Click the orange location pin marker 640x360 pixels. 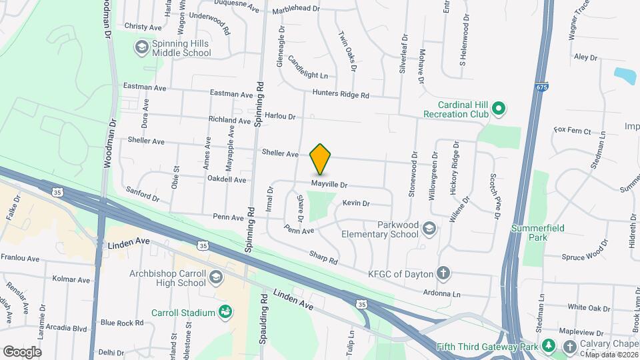coord(321,159)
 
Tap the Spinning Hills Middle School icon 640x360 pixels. coord(141,47)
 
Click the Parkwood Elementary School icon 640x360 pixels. coord(429,229)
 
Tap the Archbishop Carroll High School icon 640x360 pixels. coord(215,277)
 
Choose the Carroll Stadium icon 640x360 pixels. coord(225,312)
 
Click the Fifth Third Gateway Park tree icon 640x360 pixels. coord(548,346)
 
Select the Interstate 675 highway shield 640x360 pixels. coord(541,87)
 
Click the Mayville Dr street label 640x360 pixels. coord(329,184)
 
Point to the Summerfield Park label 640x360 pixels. coord(537,232)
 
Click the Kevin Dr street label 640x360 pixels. coord(355,203)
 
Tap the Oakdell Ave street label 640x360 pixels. coord(227,179)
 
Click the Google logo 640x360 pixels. coord(21,351)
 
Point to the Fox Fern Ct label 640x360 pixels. coord(573,131)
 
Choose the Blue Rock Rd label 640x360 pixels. coord(121,323)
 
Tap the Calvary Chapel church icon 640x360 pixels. coord(570,346)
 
